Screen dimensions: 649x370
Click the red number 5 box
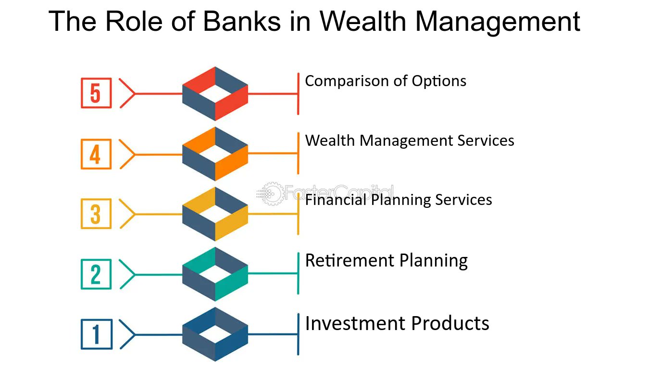(x=96, y=93)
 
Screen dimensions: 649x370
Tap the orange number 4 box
(x=96, y=154)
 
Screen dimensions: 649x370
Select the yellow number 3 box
(x=96, y=214)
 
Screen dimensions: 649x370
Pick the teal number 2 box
(x=96, y=274)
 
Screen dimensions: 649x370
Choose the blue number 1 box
(x=97, y=334)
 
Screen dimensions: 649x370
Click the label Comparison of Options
(x=386, y=81)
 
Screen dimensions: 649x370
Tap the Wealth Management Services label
(x=410, y=140)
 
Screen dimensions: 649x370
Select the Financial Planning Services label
(x=399, y=200)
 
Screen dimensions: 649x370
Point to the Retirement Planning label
(x=387, y=261)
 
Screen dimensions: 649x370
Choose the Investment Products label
(x=397, y=323)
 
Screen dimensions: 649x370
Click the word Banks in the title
(x=242, y=21)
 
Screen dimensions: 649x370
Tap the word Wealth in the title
(x=363, y=21)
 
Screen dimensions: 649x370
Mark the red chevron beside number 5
(x=127, y=93)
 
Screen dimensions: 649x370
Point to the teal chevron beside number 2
(x=127, y=274)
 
